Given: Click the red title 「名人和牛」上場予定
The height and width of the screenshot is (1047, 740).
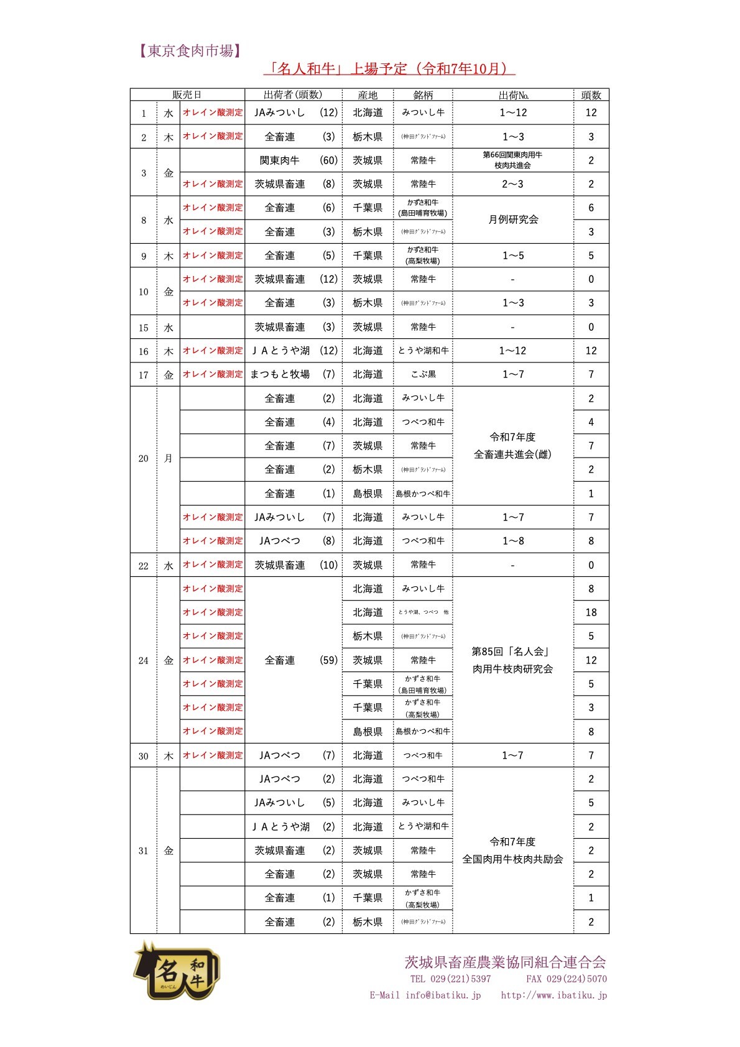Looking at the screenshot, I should point(389,68).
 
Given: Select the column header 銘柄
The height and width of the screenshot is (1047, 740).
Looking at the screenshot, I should point(423,95).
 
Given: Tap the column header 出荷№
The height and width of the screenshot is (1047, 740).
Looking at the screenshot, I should point(513,95).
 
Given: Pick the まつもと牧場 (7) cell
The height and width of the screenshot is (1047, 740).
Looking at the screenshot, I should point(293,374).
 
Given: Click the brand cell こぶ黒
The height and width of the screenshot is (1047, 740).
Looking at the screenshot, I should point(423,374).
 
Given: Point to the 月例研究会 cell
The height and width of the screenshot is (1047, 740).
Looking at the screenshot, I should point(513,219).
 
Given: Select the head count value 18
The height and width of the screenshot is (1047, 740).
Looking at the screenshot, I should point(591,612).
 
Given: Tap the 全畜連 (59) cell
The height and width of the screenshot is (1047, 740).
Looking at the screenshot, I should point(294,660).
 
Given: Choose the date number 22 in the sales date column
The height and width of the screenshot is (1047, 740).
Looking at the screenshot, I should point(144,566).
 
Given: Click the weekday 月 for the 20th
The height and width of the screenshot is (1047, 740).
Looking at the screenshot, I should point(169,458).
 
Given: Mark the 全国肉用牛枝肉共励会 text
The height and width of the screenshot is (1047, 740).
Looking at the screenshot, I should point(512,859).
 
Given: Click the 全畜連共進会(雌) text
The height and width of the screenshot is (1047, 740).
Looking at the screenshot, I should point(512,454).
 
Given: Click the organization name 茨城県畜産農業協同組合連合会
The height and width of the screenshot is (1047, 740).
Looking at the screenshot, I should point(505,962).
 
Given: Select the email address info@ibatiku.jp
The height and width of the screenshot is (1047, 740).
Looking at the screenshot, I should point(443,995).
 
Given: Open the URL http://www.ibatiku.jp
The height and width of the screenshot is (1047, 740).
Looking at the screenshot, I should point(553,995).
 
